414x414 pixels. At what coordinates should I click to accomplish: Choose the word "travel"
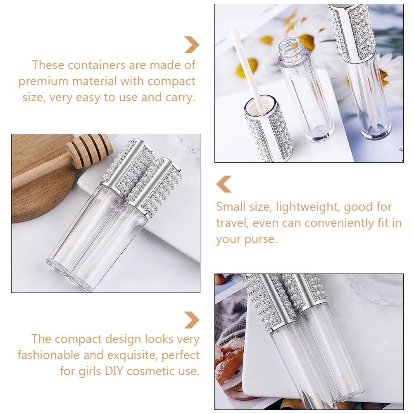pyautogui.click(x=232, y=223)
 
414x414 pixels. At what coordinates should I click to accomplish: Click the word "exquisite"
pyautogui.click(x=131, y=355)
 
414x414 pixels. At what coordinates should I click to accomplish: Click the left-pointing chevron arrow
pyautogui.click(x=224, y=184)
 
